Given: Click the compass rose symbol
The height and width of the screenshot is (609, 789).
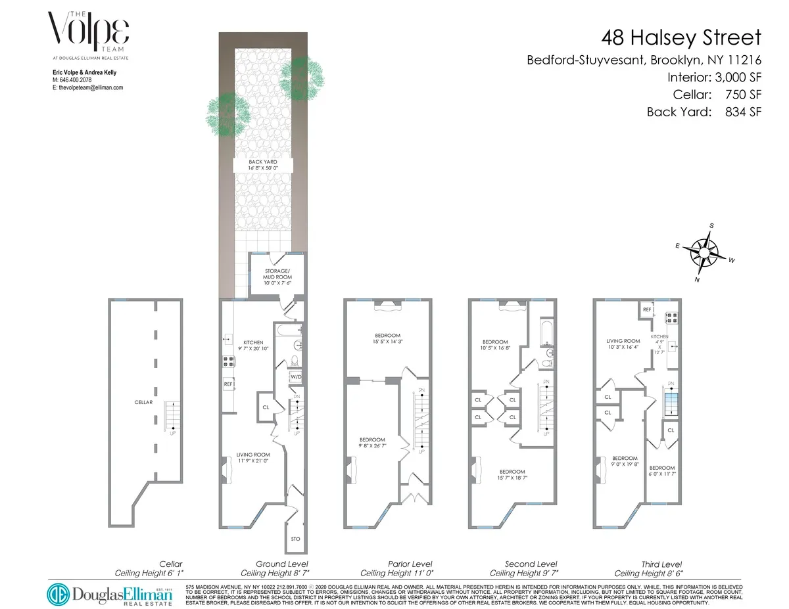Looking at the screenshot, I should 705,252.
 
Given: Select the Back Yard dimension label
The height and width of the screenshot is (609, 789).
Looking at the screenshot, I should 262,165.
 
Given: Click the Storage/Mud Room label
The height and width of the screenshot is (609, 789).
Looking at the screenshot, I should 277,273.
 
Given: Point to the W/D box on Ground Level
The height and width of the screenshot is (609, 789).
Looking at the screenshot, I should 296,377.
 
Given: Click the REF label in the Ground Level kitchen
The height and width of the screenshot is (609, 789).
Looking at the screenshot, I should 229,384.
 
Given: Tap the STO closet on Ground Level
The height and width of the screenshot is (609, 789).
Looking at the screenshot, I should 295,539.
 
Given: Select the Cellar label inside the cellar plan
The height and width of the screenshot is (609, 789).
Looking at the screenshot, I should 144,402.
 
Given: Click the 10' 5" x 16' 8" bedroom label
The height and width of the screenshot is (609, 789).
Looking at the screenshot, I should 495,346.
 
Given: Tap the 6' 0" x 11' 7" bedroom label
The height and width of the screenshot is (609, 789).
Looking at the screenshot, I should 662,471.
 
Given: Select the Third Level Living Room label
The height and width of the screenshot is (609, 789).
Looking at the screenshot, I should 623,344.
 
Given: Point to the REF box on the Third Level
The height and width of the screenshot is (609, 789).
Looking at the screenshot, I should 646,309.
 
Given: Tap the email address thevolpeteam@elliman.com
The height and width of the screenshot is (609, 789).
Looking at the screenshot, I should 87,87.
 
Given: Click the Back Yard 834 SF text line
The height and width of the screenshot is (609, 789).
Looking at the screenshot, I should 704,112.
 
